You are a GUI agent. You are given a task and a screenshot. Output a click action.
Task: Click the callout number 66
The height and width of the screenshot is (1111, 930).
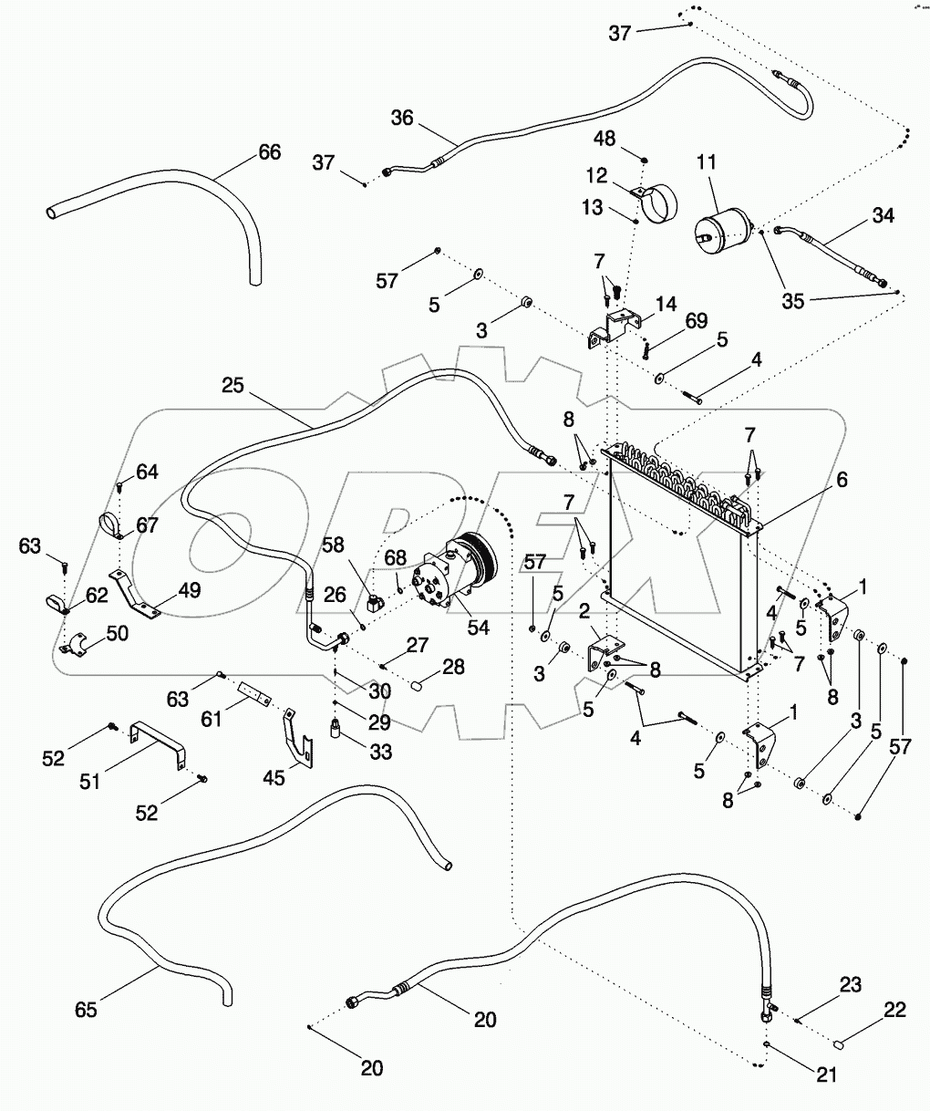(269, 152)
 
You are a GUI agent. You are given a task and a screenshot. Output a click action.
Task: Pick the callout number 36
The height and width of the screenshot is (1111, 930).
(402, 118)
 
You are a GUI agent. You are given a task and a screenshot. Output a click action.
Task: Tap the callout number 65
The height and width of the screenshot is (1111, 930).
(86, 1010)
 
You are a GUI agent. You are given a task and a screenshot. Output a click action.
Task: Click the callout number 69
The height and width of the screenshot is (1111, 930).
(697, 321)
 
